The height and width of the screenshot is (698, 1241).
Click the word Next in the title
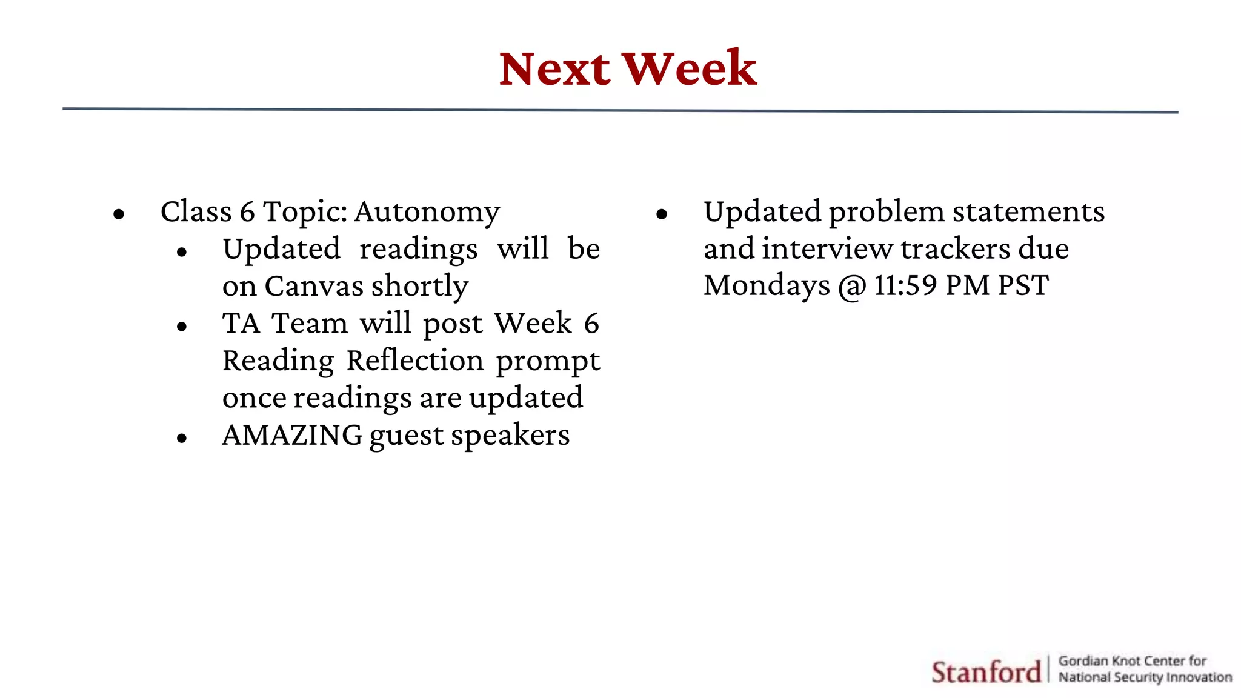[x=554, y=69]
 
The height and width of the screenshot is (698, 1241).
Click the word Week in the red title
[x=690, y=69]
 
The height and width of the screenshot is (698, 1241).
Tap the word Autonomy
[x=427, y=213]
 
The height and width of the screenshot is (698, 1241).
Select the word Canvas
[x=313, y=286]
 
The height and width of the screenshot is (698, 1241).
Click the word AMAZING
[x=292, y=435]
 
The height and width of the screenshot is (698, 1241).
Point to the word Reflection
[x=415, y=361]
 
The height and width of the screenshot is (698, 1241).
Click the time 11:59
[x=905, y=285]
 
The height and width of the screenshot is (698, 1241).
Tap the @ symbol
[x=852, y=287]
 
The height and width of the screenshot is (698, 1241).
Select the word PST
[x=1023, y=285]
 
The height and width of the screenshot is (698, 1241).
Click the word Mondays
[x=766, y=286]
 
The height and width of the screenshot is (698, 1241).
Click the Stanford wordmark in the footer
[x=985, y=672]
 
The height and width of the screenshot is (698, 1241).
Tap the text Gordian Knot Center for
[x=1132, y=661]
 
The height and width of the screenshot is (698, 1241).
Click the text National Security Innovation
[x=1145, y=677]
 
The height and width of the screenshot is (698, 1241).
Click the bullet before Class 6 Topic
[x=119, y=214]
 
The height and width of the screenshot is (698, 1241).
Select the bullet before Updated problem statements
[x=662, y=214]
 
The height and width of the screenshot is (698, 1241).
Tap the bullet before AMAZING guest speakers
[x=182, y=438]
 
